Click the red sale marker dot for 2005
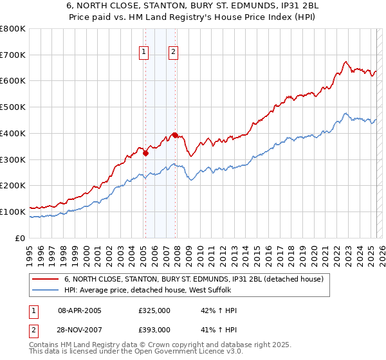click(x=145, y=153)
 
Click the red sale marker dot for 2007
click(x=175, y=135)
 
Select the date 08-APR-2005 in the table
click(x=79, y=310)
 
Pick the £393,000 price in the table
click(x=154, y=329)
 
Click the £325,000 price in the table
click(x=154, y=310)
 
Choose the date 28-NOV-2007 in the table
click(x=79, y=329)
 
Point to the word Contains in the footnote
click(x=44, y=346)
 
